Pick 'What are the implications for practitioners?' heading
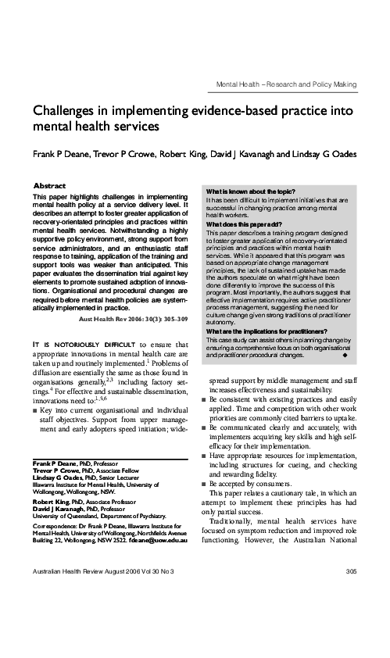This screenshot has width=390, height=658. pos(261,332)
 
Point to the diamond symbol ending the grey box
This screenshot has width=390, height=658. pos(345,354)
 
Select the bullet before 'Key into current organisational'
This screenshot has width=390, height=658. pos(35,409)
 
